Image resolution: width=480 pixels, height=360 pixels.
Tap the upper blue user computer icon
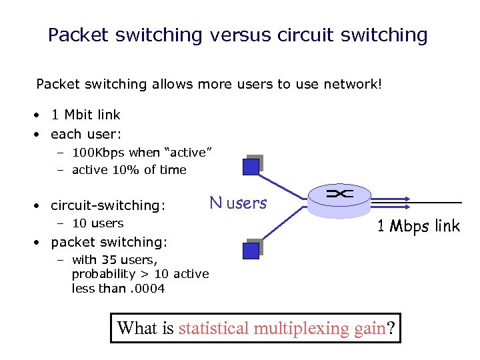(251, 165)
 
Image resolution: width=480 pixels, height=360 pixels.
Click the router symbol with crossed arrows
(340, 195)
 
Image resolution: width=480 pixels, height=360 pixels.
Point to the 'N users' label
(238, 203)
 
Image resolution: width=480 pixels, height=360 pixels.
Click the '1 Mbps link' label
(418, 226)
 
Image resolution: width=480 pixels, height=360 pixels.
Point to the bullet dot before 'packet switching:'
(41, 243)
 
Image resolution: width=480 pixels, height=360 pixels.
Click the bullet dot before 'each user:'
(41, 134)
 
